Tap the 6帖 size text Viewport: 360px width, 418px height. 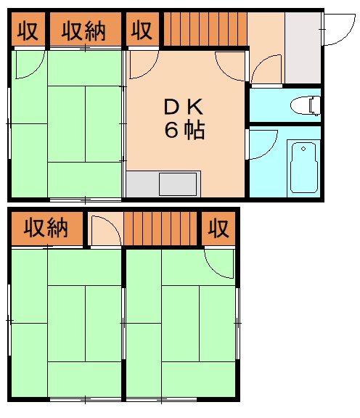pyautogui.click(x=186, y=131)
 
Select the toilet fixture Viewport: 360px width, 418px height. pyautogui.click(x=306, y=106)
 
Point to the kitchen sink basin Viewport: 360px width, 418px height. pyautogui.click(x=179, y=184)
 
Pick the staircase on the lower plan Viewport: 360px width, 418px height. pyautogui.click(x=161, y=229)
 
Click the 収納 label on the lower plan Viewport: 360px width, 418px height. pyautogui.click(x=46, y=229)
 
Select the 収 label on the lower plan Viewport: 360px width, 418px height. pyautogui.click(x=218, y=229)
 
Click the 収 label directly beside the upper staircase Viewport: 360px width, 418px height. pyautogui.click(x=142, y=31)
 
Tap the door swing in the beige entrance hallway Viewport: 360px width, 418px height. pyautogui.click(x=267, y=68)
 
